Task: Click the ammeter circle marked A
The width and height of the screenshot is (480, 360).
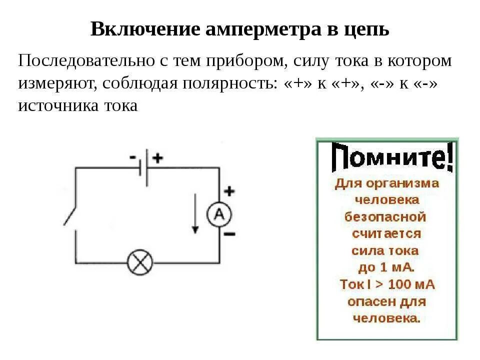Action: click(x=219, y=214)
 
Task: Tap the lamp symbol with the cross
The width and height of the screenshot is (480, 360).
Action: click(x=140, y=263)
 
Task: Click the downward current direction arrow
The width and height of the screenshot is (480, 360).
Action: click(x=195, y=215)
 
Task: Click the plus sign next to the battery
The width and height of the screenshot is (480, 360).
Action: click(x=157, y=158)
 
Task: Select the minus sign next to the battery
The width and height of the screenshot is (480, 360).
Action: click(x=132, y=157)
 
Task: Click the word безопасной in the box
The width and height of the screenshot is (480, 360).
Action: click(x=385, y=217)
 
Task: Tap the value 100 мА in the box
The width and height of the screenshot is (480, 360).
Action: click(x=410, y=284)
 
